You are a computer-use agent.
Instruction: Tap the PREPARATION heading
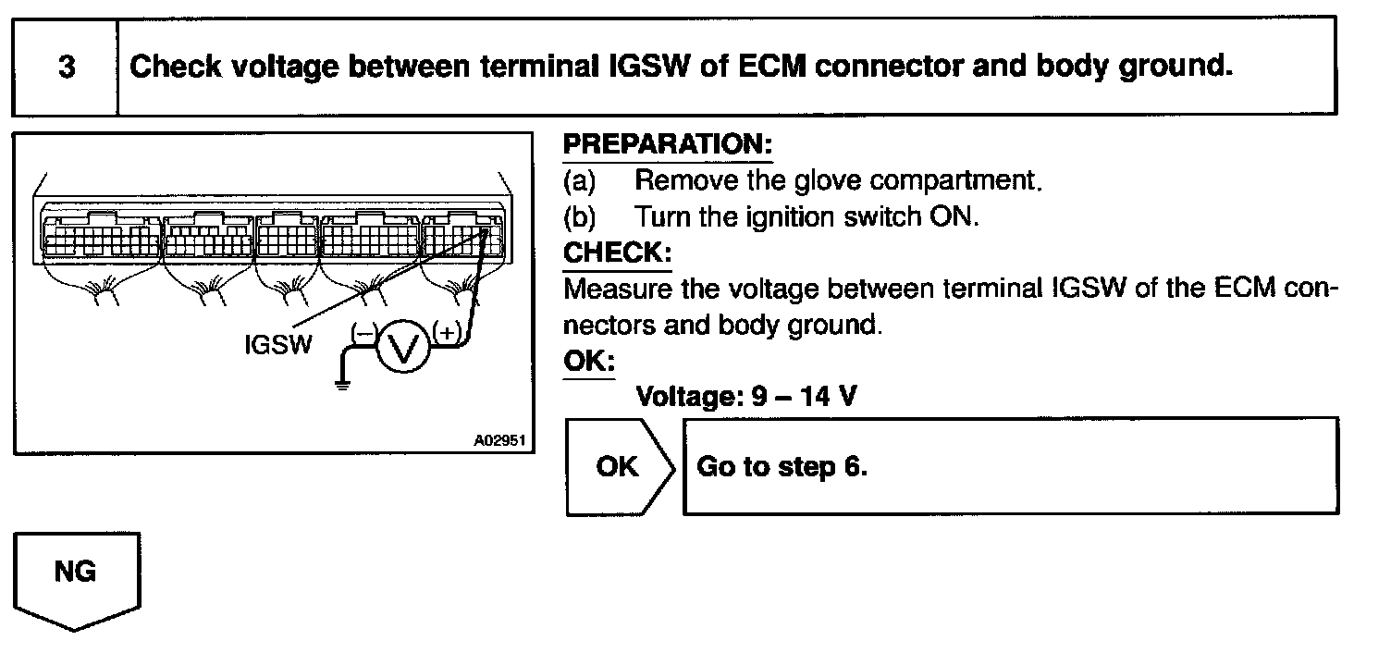coord(667,145)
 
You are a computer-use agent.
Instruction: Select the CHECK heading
coord(617,253)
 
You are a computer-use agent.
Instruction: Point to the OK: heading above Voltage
coord(589,361)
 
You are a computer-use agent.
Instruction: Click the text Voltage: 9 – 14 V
coord(745,398)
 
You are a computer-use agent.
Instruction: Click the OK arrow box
coord(618,466)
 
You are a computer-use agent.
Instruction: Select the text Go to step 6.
coord(782,466)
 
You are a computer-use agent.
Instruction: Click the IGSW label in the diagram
coord(277,345)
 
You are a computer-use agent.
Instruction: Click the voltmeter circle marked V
coord(401,349)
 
